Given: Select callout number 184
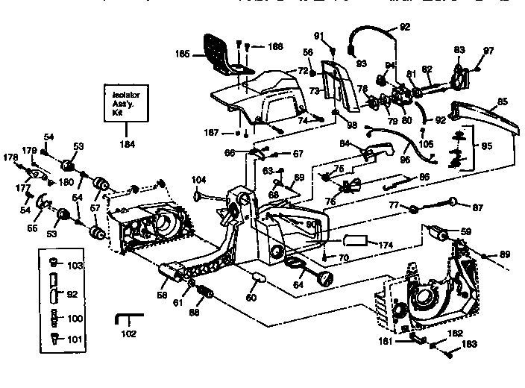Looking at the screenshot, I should [127, 144].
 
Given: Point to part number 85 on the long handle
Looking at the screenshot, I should [502, 101].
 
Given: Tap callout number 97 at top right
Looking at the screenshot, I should [488, 51].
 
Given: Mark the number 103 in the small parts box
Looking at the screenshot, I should [75, 266].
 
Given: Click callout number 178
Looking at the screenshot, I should [10, 157].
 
